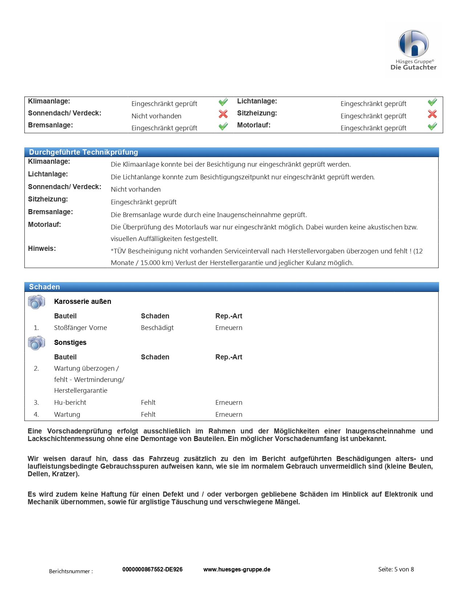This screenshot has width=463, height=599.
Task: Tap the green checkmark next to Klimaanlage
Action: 223,102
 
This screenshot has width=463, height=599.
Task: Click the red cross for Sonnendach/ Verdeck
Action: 223,114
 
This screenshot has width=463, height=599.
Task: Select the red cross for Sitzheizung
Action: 432,114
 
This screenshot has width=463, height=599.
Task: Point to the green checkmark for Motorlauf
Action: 432,126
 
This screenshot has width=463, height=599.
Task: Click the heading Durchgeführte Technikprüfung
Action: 84,152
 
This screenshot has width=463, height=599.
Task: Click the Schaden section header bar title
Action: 44,287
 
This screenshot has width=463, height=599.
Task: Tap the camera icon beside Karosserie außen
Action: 36,302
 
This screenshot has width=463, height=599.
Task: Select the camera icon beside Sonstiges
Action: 36,343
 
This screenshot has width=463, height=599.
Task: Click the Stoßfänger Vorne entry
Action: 81,328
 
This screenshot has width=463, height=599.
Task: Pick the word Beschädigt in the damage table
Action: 157,328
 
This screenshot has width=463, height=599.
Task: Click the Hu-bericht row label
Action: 70,403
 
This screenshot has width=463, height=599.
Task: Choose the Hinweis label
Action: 42,249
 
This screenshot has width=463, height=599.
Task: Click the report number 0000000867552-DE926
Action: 153,570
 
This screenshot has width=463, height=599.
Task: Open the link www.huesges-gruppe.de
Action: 237,570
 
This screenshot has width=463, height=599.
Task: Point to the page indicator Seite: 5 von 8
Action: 396,570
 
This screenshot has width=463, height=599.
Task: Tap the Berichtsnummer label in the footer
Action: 71,571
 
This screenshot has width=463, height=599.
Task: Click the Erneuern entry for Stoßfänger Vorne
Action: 229,328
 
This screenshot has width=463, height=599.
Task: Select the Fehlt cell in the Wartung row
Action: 148,415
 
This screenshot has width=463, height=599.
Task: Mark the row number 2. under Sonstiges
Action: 36,368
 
